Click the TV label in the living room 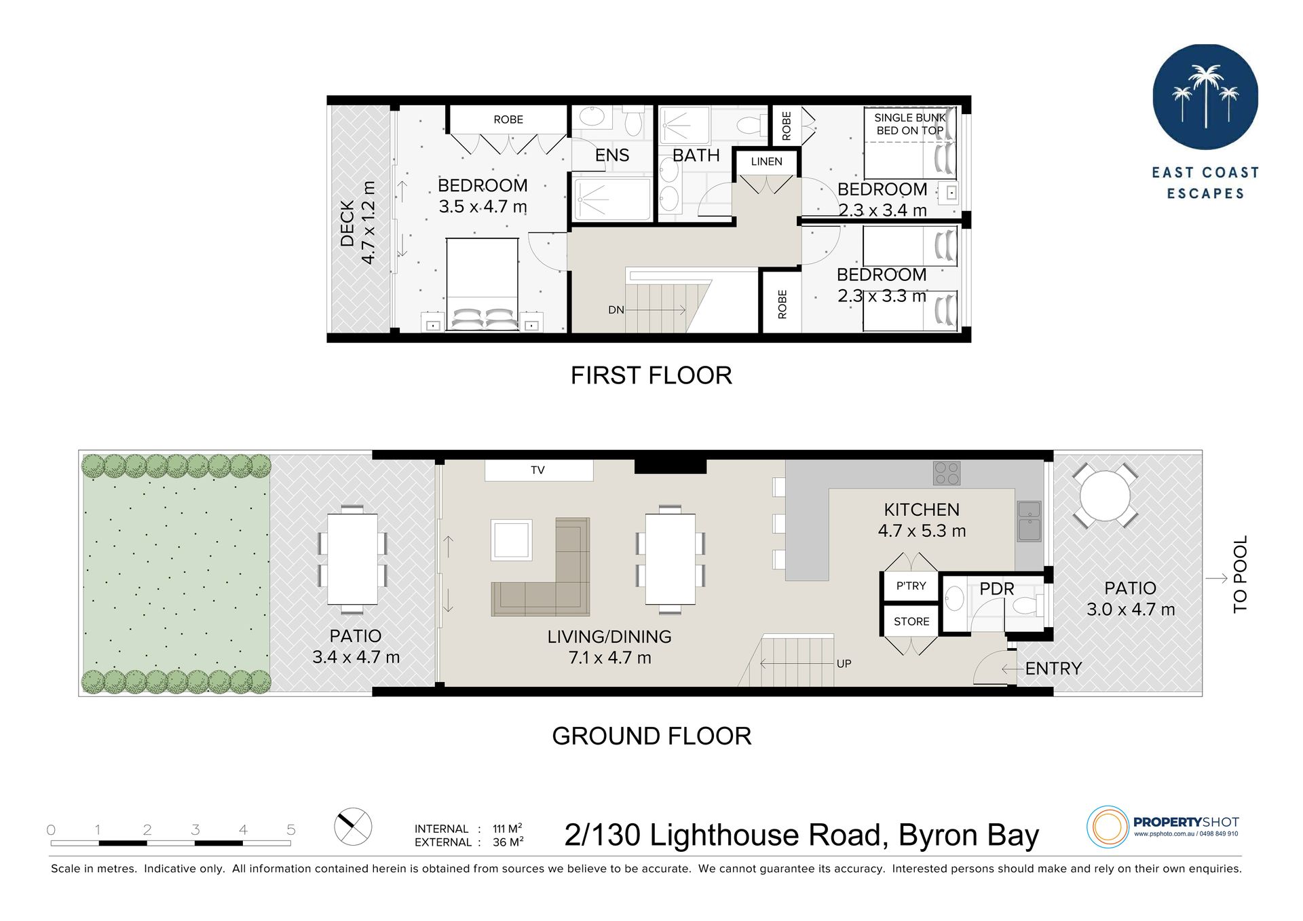[537, 470]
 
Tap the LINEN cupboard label [766, 162]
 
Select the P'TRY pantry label [911, 586]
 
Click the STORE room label [911, 621]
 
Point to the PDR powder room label [996, 588]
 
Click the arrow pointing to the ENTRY [1012, 669]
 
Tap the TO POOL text [1240, 574]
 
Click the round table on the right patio [1105, 495]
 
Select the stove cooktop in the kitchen [947, 473]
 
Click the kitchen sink [1029, 521]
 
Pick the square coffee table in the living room [512, 540]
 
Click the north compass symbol [353, 827]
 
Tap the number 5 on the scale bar [291, 829]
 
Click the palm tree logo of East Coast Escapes [1205, 97]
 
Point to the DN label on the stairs [616, 310]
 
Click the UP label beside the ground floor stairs [844, 663]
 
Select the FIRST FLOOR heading [651, 375]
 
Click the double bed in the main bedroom [482, 284]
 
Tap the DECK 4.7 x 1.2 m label [358, 223]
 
